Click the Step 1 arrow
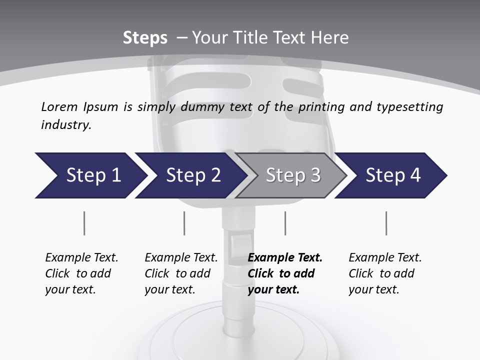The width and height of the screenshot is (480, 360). (90, 175)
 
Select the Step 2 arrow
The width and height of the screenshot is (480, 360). (191, 175)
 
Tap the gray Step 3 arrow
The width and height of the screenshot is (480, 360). (291, 175)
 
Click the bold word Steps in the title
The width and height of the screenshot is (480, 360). (145, 38)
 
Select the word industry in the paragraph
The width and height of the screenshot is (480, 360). (65, 125)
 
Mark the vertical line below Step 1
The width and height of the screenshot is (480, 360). (84, 223)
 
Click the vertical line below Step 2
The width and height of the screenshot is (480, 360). (184, 223)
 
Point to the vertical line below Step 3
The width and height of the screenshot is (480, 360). (285, 223)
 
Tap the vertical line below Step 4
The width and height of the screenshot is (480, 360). (386, 223)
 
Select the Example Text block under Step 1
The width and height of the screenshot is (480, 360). (81, 273)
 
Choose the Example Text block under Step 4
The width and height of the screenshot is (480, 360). (385, 273)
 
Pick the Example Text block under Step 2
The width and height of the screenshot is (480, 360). (181, 273)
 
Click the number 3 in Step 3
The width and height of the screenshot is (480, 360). (315, 175)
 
